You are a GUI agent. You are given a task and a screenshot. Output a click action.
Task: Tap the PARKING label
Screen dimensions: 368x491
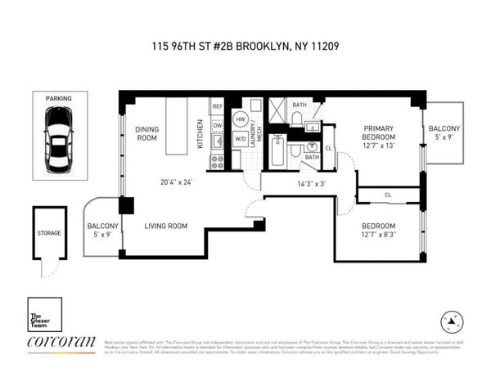click(x=59, y=97)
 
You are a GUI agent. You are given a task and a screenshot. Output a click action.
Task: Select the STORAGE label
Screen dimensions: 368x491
click(x=48, y=234)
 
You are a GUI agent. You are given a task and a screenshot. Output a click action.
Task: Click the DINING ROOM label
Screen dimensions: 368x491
click(x=146, y=133)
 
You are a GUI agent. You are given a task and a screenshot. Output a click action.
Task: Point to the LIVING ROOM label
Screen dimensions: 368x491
click(x=166, y=226)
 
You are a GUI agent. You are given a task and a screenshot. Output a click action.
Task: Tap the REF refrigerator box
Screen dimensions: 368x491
click(x=218, y=107)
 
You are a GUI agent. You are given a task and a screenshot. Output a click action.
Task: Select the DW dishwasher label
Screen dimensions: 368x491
click(x=218, y=125)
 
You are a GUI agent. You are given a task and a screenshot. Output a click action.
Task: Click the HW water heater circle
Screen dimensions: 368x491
click(x=241, y=119)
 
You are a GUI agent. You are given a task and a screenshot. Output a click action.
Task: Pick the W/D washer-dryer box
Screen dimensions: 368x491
click(x=241, y=137)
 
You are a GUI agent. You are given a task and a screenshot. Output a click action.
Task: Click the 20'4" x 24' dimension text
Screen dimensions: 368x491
click(x=176, y=182)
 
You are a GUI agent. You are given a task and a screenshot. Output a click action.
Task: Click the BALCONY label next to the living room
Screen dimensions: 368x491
click(x=103, y=226)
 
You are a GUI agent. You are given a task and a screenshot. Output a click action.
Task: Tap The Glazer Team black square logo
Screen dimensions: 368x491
click(x=43, y=314)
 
